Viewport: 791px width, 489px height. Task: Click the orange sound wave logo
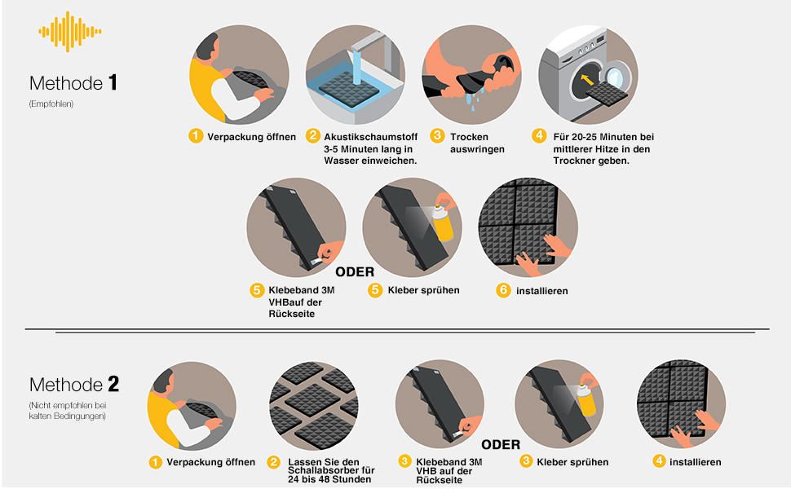(69, 31)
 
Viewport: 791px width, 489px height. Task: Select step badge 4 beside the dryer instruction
(539, 135)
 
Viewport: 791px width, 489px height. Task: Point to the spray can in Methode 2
(586, 400)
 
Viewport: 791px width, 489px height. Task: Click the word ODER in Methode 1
(355, 272)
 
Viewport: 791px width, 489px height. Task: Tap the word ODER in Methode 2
(501, 445)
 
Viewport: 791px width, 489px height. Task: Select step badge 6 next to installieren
(503, 290)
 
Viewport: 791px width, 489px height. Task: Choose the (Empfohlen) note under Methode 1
(51, 104)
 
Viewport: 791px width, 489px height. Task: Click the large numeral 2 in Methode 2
(113, 384)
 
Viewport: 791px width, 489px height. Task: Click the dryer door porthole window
(614, 77)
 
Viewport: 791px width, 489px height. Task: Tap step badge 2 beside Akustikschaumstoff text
(313, 135)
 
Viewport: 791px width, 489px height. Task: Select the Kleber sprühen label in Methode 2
(572, 462)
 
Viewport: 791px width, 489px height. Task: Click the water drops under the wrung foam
(475, 99)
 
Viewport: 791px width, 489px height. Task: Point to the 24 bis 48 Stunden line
(329, 479)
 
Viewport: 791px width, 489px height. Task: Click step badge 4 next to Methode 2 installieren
(660, 460)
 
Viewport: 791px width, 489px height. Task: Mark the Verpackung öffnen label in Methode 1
(252, 137)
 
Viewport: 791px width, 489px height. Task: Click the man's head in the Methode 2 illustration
(165, 381)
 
